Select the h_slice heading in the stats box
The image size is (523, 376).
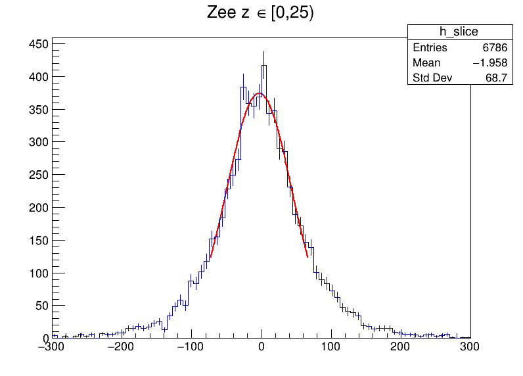pyautogui.click(x=459, y=32)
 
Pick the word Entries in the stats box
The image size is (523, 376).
pyautogui.click(x=430, y=48)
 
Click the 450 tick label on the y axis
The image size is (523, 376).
pyautogui.click(x=39, y=44)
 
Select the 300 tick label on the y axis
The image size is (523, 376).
pyautogui.click(x=39, y=142)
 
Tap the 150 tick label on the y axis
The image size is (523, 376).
pyautogui.click(x=39, y=240)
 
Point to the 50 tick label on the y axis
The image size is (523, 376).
pyautogui.click(x=41, y=306)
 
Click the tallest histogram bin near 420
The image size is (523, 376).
pyautogui.click(x=263, y=65)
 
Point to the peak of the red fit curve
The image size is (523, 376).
pyautogui.click(x=260, y=93)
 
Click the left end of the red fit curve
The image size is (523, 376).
pyautogui.click(x=210, y=257)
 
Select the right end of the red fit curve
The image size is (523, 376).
pyautogui.click(x=307, y=257)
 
